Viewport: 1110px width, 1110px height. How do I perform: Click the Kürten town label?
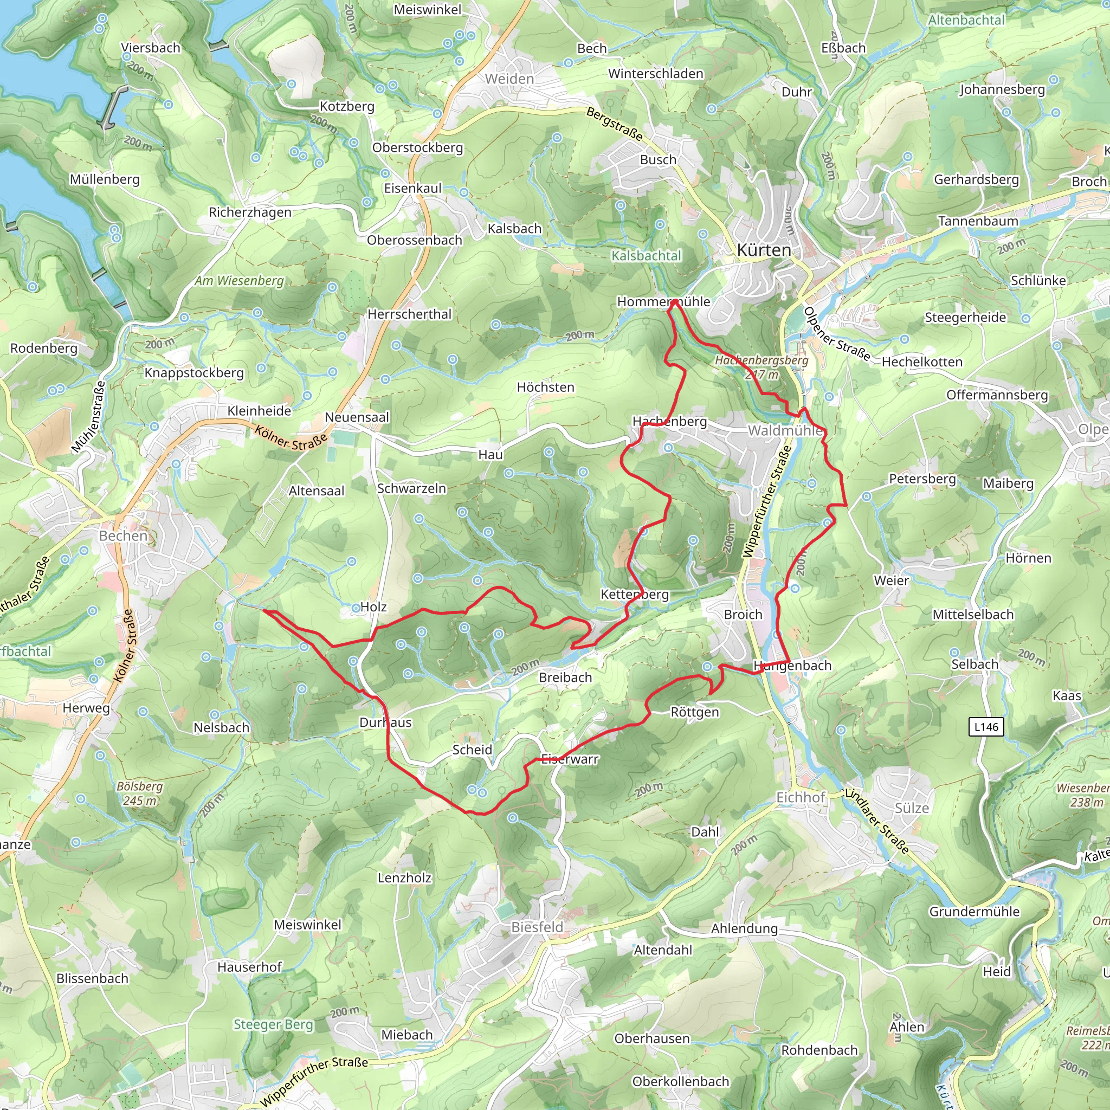[764, 250]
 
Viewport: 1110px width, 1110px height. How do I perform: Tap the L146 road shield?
[986, 727]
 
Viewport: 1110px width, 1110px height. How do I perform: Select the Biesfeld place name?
[537, 927]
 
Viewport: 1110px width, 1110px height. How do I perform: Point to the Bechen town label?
[124, 535]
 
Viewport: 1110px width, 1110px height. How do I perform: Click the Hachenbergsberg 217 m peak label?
[761, 367]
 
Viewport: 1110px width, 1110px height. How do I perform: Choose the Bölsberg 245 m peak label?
[140, 793]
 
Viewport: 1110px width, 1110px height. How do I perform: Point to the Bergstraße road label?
[614, 124]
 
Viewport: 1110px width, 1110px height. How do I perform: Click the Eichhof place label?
[801, 797]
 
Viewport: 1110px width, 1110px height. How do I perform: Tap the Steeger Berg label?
[274, 1024]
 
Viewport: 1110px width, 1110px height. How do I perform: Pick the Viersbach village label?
[151, 48]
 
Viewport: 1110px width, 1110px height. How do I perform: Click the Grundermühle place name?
[975, 911]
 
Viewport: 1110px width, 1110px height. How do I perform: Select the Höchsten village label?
[545, 387]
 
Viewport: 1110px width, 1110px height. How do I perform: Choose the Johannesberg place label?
[1002, 89]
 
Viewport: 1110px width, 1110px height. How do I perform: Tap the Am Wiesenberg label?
[240, 280]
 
